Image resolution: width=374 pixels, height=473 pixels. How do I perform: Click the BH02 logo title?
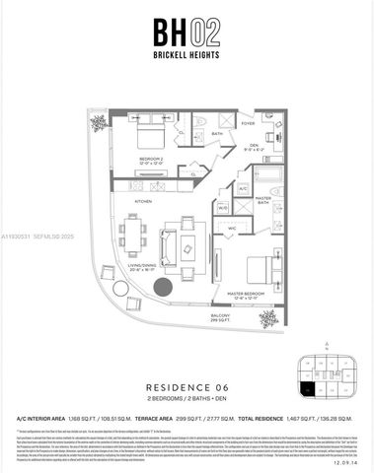187,30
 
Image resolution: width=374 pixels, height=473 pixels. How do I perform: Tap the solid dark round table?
163,288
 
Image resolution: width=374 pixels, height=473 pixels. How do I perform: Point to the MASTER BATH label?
263,201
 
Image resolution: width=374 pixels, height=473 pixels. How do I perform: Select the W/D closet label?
223,208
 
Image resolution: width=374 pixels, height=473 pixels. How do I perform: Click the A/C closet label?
242,187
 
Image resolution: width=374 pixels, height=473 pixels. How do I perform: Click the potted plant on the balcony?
267,317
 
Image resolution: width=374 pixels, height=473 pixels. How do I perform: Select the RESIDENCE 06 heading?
187,387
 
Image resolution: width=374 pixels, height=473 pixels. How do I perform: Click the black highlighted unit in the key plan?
309,391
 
